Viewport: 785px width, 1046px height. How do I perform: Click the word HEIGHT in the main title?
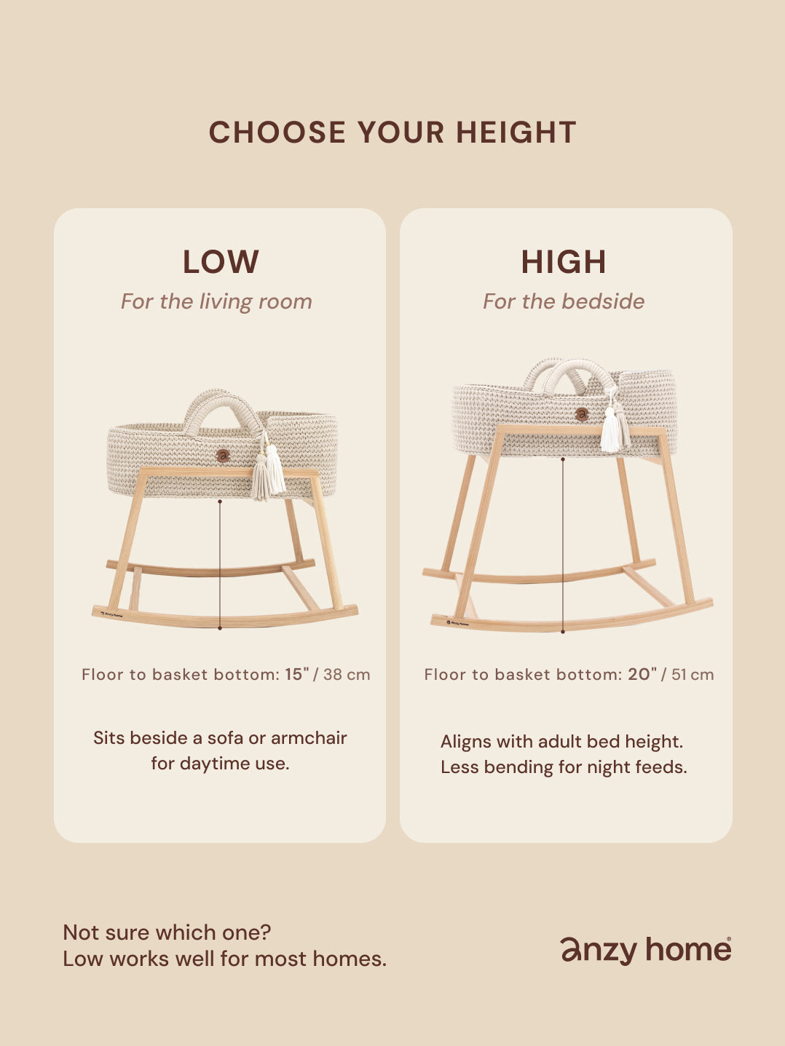tap(516, 132)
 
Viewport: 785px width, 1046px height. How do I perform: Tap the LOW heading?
tap(221, 261)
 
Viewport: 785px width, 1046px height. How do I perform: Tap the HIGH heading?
tap(564, 261)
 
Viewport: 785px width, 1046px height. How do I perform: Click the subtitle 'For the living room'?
tap(216, 301)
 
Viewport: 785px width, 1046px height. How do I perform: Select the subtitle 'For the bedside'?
tap(564, 301)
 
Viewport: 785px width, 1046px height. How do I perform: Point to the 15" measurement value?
tap(297, 674)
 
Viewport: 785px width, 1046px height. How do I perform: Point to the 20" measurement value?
tap(642, 674)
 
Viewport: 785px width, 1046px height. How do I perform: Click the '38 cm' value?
tap(347, 675)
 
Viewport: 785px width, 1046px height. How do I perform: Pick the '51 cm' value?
tap(693, 675)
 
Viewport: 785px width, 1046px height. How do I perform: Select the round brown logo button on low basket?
tap(222, 456)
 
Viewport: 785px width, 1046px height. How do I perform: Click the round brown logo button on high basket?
tap(581, 414)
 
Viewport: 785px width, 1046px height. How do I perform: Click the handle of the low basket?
tap(222, 397)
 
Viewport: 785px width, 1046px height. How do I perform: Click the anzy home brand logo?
tap(646, 950)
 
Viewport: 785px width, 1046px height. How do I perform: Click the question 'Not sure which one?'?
tap(167, 932)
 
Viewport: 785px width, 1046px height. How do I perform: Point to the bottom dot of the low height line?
tap(220, 628)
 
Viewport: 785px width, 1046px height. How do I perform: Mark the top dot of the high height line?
tap(563, 459)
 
